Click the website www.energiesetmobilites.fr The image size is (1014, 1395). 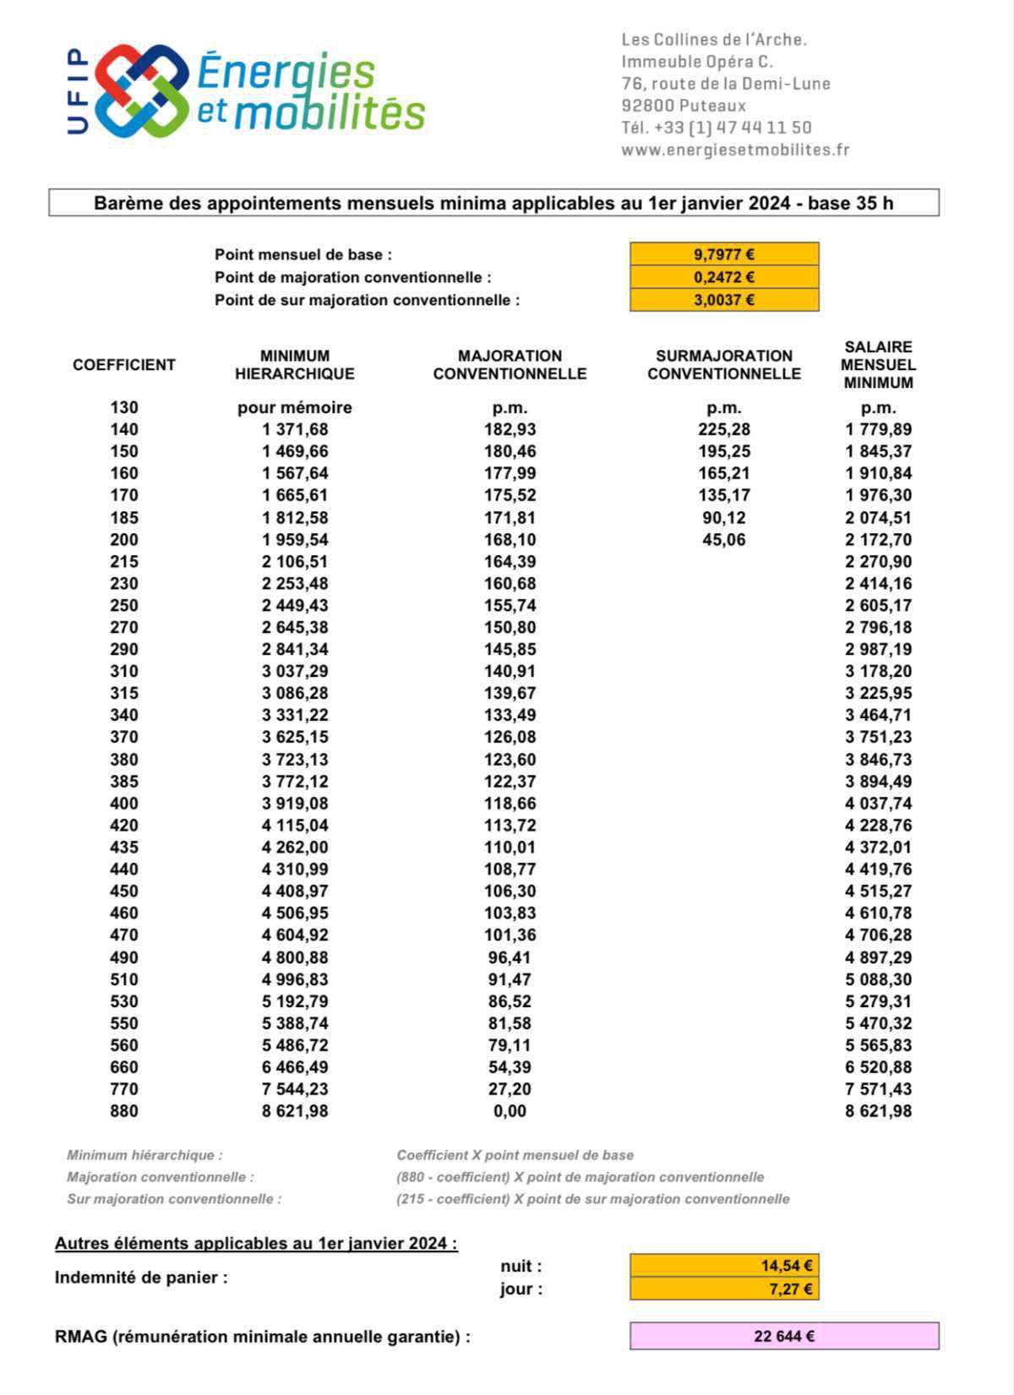[735, 150]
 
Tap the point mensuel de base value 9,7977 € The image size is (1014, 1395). [724, 254]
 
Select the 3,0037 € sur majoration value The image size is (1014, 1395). [724, 300]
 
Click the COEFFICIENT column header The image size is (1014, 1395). [124, 365]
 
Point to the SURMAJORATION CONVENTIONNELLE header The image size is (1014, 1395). [724, 365]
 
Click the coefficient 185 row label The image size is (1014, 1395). [124, 518]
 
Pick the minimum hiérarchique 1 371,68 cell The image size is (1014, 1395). [295, 429]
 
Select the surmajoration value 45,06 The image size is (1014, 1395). [724, 540]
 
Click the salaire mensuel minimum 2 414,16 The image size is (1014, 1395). [878, 584]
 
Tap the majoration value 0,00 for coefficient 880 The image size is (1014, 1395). [510, 1111]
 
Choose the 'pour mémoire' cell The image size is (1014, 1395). [295, 408]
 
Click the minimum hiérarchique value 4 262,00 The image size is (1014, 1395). [295, 847]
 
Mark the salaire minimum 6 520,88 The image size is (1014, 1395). [878, 1067]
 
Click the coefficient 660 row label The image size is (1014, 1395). [124, 1067]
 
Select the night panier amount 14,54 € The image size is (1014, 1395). [786, 1266]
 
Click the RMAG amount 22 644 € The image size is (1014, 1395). [783, 1337]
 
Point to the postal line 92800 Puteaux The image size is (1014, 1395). [684, 106]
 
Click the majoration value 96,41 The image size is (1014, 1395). [510, 957]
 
